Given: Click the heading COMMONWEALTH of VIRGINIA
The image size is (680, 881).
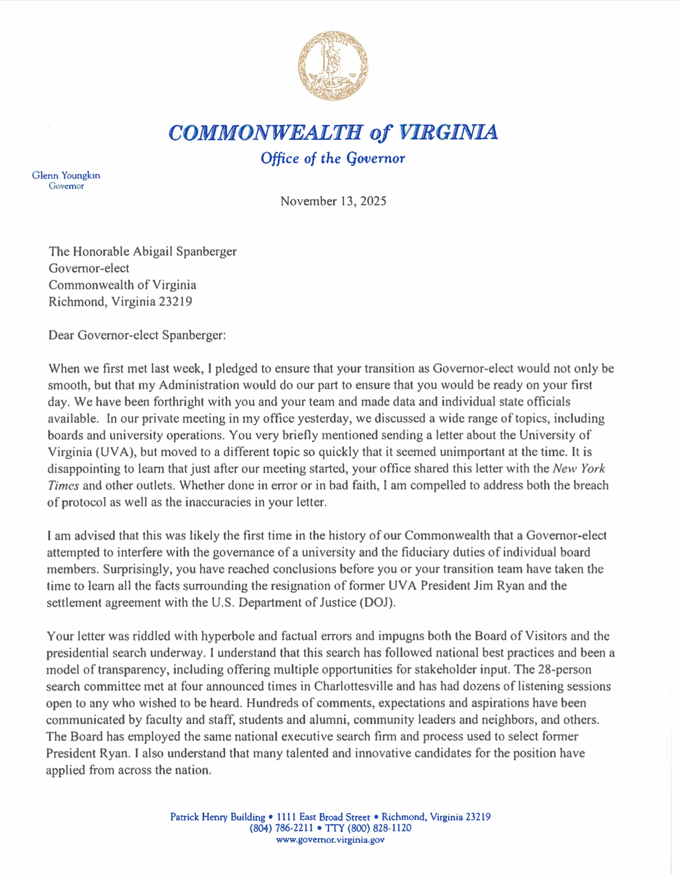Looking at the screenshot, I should tap(333, 131).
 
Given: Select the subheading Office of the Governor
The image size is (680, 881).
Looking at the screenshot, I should tap(333, 158).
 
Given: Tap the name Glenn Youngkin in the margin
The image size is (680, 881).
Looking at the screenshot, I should tap(66, 175).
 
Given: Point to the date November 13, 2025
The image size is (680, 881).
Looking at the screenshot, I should tap(333, 201).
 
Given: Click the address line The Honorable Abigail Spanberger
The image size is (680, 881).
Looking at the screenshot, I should tap(143, 252).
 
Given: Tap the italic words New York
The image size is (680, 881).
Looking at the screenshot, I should tap(579, 468).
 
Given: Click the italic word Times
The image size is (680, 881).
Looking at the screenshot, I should tap(64, 485).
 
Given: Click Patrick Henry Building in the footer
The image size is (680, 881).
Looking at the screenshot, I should tap(218, 817).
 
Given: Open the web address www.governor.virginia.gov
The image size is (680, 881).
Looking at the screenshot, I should tap(330, 840).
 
